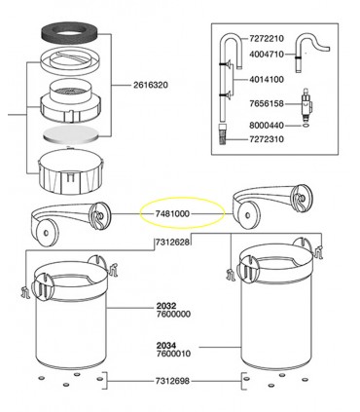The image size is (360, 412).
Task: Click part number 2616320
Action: pyautogui.click(x=153, y=86)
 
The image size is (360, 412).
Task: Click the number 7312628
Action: pyautogui.click(x=171, y=242)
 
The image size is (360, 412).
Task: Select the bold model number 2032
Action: pyautogui.click(x=166, y=306)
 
